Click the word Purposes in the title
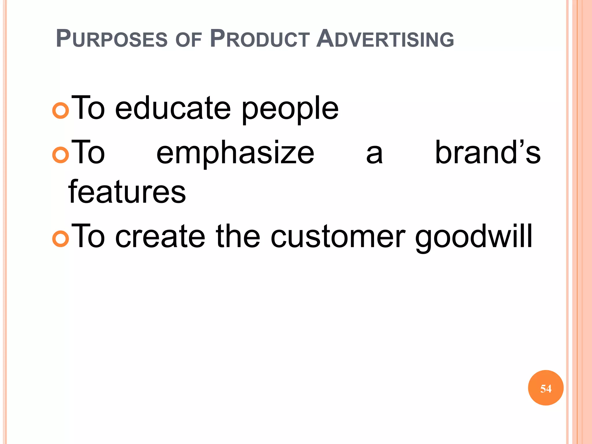112,39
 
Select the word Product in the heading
260,39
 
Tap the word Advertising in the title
385,39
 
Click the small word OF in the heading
188,40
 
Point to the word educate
173,108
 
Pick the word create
160,237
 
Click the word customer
338,237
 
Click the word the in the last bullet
238,236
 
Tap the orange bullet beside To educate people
61,110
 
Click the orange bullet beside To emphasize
61,155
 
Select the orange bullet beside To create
61,239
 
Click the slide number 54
546,388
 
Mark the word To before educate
88,108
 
